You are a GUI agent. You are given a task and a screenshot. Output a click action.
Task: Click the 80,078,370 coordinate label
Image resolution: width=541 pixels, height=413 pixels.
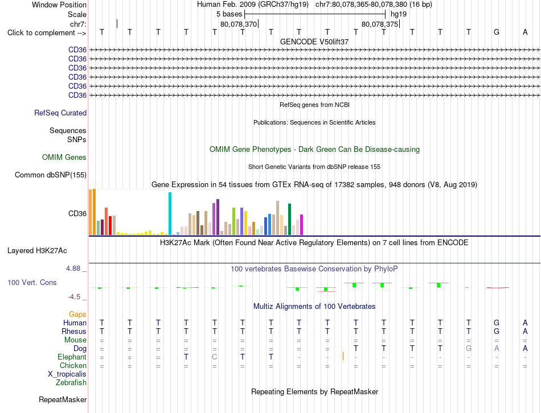tap(239, 24)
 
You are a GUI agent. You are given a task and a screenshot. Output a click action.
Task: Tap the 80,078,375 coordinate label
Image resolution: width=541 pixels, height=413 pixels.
tap(380, 24)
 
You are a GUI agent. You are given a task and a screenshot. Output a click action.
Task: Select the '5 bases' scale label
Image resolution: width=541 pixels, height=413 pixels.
tap(229, 14)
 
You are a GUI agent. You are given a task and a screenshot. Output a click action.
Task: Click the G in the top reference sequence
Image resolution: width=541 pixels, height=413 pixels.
tap(497, 32)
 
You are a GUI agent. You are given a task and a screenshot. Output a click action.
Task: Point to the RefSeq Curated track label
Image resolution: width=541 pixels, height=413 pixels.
tap(60, 113)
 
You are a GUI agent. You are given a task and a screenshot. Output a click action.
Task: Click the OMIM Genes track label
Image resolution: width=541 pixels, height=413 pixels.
tap(64, 157)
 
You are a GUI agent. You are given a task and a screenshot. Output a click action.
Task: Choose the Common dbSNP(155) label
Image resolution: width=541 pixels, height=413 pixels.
tap(51, 175)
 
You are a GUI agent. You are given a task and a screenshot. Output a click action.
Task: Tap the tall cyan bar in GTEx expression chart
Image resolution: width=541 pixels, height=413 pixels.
tap(170, 214)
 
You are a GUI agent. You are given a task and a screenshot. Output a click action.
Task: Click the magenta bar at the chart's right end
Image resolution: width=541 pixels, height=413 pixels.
tap(301, 225)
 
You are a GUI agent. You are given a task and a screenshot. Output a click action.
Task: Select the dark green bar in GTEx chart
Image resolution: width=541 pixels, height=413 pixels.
tap(289, 219)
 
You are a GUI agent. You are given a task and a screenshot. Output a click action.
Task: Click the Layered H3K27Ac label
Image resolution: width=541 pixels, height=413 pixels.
tap(37, 251)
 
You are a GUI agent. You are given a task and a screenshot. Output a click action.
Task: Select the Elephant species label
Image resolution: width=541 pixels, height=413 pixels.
tap(72, 357)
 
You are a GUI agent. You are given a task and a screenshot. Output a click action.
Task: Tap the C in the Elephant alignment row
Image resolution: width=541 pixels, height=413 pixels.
tap(214, 357)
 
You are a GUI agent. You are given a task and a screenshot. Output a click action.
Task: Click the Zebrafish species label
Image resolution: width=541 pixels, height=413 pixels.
tap(71, 382)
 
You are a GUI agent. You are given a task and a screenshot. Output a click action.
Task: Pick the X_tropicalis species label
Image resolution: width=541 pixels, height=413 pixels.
tap(67, 374)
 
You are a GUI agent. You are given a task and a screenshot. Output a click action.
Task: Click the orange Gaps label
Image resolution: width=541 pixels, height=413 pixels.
tap(77, 314)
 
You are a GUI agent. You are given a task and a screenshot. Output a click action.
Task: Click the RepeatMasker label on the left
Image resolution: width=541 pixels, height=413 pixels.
tap(63, 399)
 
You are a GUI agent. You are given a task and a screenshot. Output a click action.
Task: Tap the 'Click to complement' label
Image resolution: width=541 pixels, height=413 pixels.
tap(47, 33)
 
